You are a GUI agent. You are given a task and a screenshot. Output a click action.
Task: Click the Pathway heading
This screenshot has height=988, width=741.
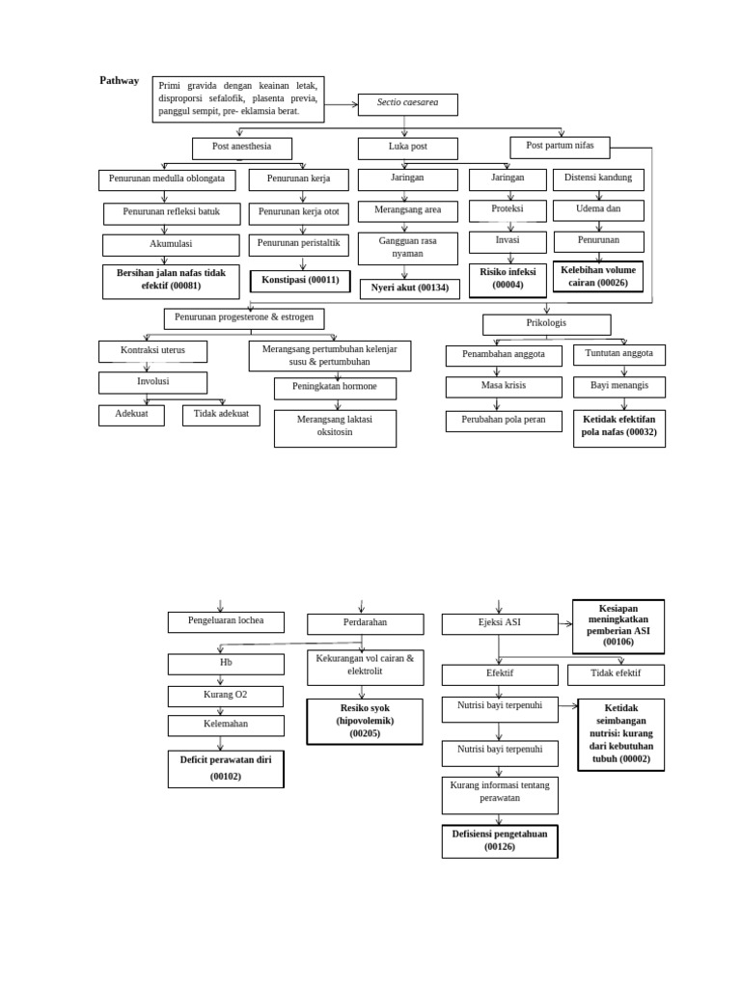[x=120, y=81]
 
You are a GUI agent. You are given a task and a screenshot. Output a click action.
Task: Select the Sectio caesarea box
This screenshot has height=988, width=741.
[x=407, y=104]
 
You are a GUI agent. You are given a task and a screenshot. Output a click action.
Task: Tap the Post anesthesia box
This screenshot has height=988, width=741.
[x=241, y=148]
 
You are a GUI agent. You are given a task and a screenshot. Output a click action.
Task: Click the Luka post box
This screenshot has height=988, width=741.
[x=407, y=148]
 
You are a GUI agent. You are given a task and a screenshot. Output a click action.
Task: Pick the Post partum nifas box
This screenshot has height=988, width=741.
[x=560, y=147]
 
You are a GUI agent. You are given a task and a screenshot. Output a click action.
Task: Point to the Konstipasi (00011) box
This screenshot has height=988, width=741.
[x=300, y=280]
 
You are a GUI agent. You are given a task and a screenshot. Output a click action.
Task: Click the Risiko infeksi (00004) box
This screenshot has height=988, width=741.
[x=508, y=279]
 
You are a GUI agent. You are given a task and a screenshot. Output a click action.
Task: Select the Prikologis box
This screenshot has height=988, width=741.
[x=546, y=324]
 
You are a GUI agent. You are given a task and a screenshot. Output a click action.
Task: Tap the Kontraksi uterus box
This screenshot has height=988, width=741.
[x=152, y=350]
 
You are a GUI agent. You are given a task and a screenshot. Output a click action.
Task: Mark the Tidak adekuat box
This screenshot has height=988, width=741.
[x=221, y=415]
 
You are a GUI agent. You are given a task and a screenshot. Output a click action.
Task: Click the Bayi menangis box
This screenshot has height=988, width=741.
[x=618, y=386]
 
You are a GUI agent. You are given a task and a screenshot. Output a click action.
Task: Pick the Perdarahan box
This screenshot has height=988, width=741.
[x=365, y=623]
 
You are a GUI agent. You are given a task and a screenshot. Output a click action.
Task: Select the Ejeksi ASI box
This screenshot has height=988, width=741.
[x=499, y=623]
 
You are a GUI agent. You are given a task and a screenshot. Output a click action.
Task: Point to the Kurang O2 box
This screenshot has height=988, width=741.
[x=226, y=696]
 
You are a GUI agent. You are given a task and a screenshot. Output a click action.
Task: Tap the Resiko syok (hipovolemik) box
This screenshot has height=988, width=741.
[x=365, y=721]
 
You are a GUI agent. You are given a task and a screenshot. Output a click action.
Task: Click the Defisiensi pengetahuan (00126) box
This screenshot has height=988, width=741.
[x=500, y=840]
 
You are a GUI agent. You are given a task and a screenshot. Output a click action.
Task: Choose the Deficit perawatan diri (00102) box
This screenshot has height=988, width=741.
[x=226, y=768]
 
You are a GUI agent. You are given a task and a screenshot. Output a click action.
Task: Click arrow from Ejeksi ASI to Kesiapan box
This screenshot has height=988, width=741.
[x=565, y=624]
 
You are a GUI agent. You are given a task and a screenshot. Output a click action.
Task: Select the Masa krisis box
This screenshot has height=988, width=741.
[x=504, y=387]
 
